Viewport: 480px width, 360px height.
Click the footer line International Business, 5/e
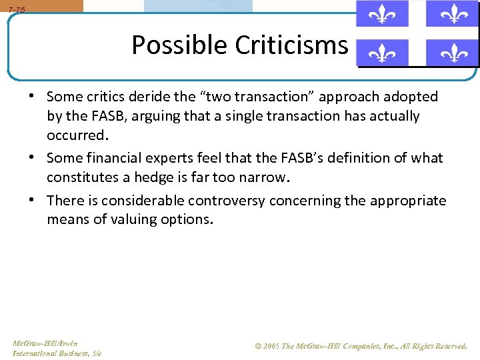(57, 353)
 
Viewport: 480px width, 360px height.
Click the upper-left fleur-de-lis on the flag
(381, 13)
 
